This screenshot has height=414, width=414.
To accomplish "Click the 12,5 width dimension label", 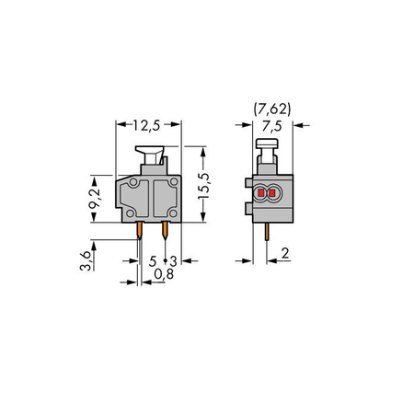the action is click(146, 125).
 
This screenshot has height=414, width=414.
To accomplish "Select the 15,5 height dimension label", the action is click(203, 186).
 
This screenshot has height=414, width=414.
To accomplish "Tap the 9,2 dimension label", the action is click(94, 199).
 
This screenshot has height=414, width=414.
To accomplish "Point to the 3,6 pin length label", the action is click(86, 260).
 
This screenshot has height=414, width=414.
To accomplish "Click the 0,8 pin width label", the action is click(164, 274).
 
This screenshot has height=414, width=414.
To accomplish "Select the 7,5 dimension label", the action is click(272, 126).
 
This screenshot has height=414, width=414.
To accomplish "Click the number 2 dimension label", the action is click(285, 254).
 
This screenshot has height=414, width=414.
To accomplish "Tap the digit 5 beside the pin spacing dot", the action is click(153, 261).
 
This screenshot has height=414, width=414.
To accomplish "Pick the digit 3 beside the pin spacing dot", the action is click(174, 261).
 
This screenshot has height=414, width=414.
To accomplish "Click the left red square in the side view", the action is click(261, 193).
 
